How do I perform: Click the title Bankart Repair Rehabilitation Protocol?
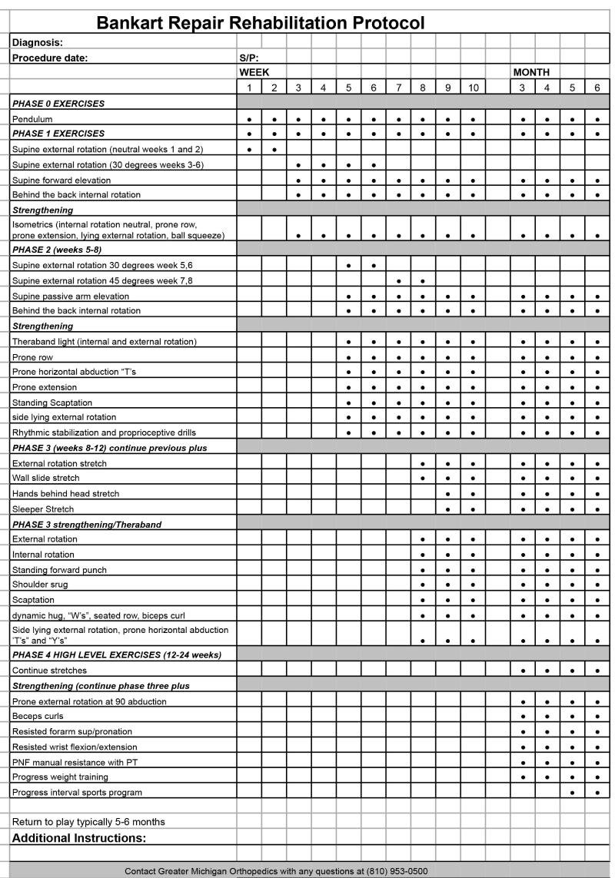(260, 23)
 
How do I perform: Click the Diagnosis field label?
(37, 43)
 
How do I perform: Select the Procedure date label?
(50, 58)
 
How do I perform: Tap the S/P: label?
(249, 58)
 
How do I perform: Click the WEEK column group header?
(254, 72)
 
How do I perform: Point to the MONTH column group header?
(531, 72)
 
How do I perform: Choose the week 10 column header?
(473, 88)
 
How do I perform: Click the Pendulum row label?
(32, 119)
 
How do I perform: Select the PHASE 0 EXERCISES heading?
(58, 103)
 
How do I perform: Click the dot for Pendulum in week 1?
(249, 120)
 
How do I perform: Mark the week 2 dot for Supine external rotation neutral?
(274, 150)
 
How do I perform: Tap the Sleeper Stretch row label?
(43, 509)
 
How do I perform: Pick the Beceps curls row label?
(38, 716)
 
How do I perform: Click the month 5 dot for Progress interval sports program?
(572, 793)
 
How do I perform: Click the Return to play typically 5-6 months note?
(88, 822)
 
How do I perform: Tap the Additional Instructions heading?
(79, 837)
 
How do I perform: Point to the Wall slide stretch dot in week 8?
(423, 479)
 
